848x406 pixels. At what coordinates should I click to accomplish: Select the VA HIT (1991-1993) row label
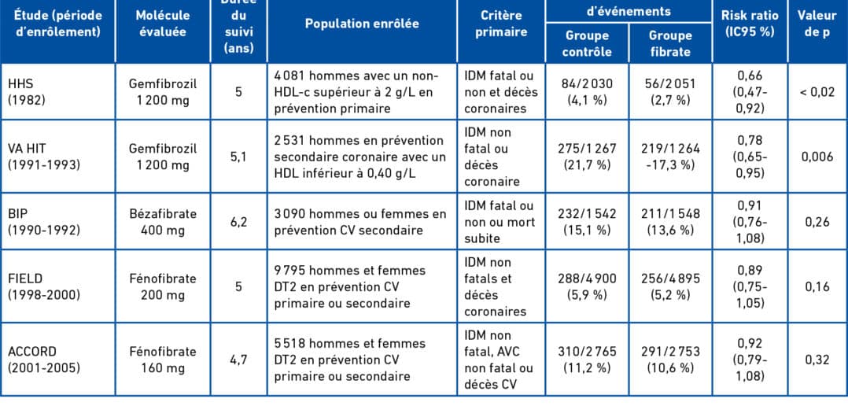44,157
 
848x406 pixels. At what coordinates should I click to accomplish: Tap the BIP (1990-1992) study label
44,222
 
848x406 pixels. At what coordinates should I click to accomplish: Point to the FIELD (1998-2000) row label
44,286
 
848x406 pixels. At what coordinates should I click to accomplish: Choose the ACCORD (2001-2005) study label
44,360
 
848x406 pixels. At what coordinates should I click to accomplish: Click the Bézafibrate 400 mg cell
163,222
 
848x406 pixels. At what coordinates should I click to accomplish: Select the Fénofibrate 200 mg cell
163,286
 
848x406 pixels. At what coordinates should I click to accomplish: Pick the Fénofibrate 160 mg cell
163,360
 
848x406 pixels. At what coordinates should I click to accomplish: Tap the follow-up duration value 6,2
238,222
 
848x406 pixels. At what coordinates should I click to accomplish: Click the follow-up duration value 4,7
238,360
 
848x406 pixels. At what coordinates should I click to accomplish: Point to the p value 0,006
817,157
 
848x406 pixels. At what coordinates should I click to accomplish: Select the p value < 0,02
817,92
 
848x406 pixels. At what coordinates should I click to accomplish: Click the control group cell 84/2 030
587,92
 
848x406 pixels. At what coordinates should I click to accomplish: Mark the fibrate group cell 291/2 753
670,360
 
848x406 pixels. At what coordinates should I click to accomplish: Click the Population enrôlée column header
362,24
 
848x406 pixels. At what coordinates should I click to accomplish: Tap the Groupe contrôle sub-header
587,44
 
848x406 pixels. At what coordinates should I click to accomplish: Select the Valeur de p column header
817,24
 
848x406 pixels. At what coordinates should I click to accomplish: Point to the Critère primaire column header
501,24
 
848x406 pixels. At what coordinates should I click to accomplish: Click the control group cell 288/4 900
587,286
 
